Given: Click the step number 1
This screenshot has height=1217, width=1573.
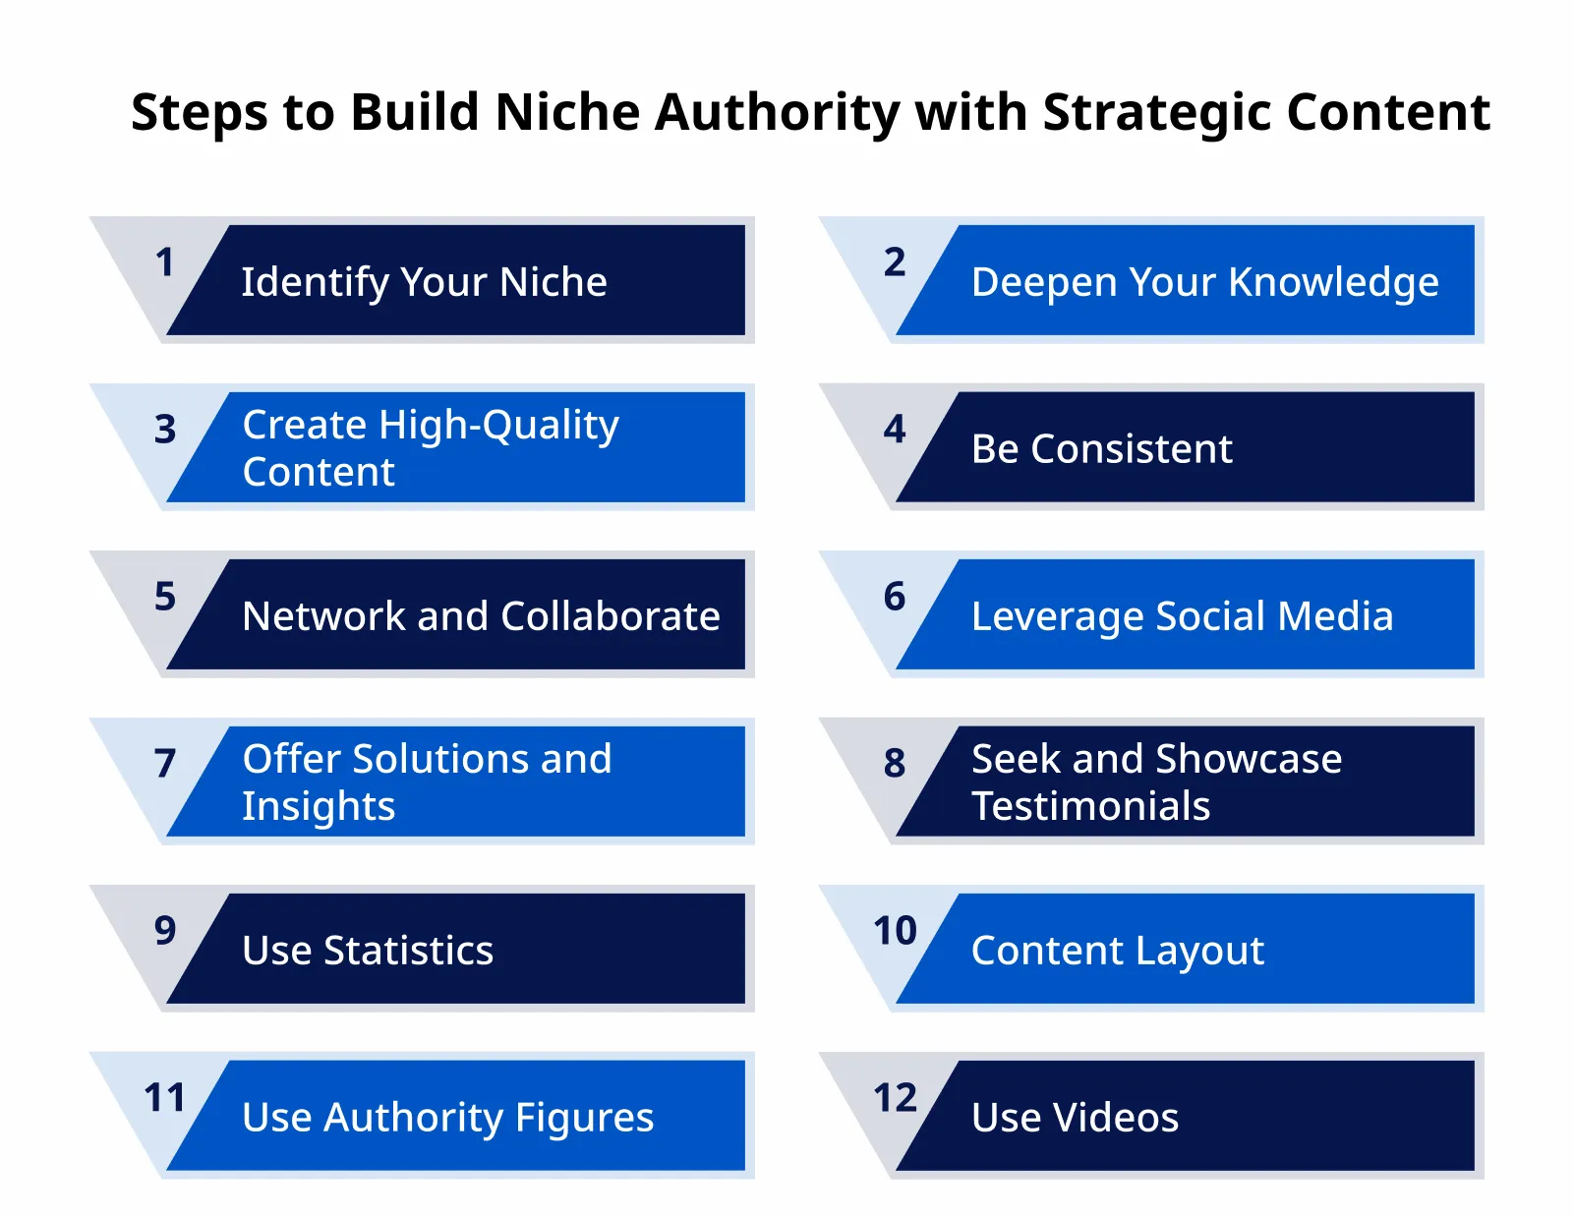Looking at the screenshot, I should click(x=164, y=262).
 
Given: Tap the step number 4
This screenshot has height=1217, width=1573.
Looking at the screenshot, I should click(x=894, y=430).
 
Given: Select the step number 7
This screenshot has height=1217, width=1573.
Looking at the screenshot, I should click(x=164, y=764).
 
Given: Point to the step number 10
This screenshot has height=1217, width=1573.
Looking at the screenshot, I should click(x=895, y=931).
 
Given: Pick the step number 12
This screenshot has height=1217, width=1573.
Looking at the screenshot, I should click(x=895, y=1098).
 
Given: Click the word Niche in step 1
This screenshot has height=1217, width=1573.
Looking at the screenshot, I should click(x=553, y=282).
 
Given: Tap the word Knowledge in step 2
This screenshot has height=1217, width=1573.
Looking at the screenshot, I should click(x=1333, y=283).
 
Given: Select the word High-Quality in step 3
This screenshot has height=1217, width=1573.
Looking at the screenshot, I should click(x=498, y=426).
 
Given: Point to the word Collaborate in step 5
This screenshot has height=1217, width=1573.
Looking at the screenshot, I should click(x=610, y=616).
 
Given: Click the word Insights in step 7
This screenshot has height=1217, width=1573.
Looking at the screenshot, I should click(x=319, y=807).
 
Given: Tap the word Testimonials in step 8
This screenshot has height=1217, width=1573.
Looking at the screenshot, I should click(x=1090, y=806).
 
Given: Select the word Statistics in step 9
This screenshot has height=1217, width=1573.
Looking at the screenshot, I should click(x=408, y=951).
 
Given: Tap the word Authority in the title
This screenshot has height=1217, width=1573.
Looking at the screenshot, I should click(x=777, y=113).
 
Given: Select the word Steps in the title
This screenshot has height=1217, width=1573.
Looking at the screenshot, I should click(x=200, y=113).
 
